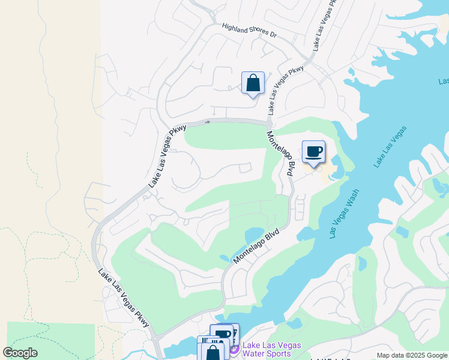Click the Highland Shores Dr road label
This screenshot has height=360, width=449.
pyautogui.click(x=249, y=31)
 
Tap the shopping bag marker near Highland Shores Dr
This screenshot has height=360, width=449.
pyautogui.click(x=253, y=83)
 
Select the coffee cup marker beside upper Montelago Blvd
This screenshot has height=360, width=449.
pyautogui.click(x=313, y=151)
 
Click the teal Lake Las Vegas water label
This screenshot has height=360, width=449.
pyautogui.click(x=391, y=146)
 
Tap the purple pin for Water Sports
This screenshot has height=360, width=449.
pyautogui.click(x=234, y=349)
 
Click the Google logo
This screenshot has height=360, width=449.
pyautogui.click(x=20, y=353)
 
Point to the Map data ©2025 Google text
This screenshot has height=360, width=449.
pyautogui.click(x=412, y=355)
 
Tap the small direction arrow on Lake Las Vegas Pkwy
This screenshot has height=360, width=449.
pyautogui.click(x=208, y=122)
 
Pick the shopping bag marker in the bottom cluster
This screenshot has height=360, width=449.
pyautogui.click(x=212, y=352)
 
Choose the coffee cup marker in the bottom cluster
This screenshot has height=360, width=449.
pyautogui.click(x=221, y=335)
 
